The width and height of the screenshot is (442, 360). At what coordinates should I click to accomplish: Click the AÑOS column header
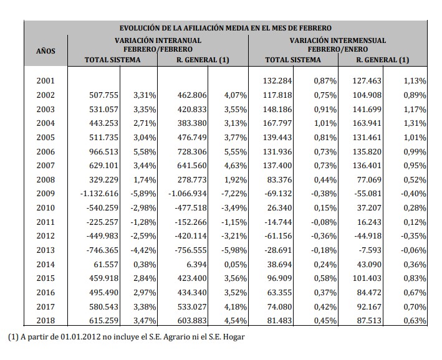[x=46, y=50]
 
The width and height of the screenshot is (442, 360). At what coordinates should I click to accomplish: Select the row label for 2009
[x=46, y=193]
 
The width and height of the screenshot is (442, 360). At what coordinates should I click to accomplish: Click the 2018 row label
[x=46, y=321]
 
